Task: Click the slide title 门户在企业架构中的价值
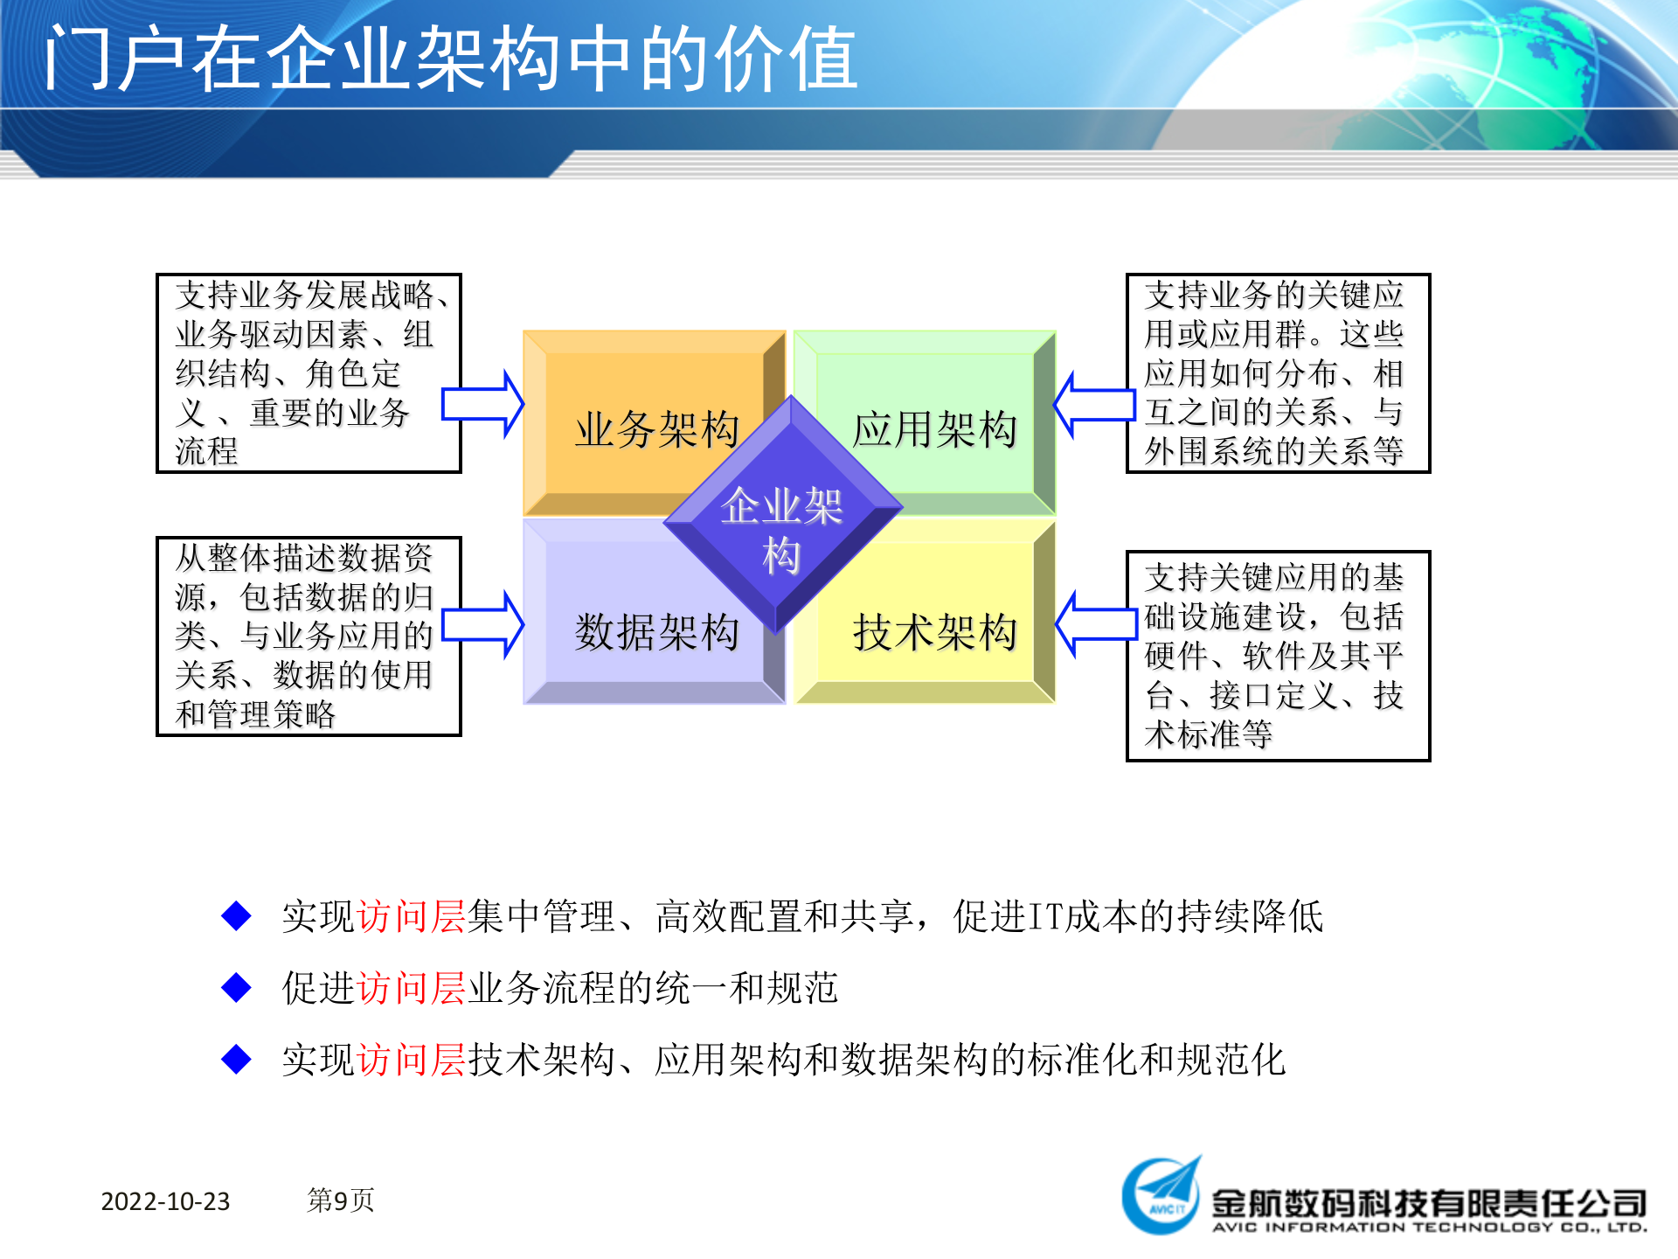click(x=451, y=59)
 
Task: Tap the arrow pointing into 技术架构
click(x=1096, y=624)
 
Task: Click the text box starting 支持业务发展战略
click(x=309, y=373)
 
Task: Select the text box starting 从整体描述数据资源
click(x=309, y=636)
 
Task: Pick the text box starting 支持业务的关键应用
click(x=1278, y=373)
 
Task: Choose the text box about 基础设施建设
click(x=1278, y=656)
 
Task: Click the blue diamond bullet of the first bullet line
click(x=237, y=916)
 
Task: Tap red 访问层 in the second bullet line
click(x=411, y=988)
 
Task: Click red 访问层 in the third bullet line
click(x=411, y=1060)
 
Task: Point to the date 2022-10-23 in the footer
click(x=165, y=1201)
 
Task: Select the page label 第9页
click(x=341, y=1200)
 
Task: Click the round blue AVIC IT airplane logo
click(x=1161, y=1196)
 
